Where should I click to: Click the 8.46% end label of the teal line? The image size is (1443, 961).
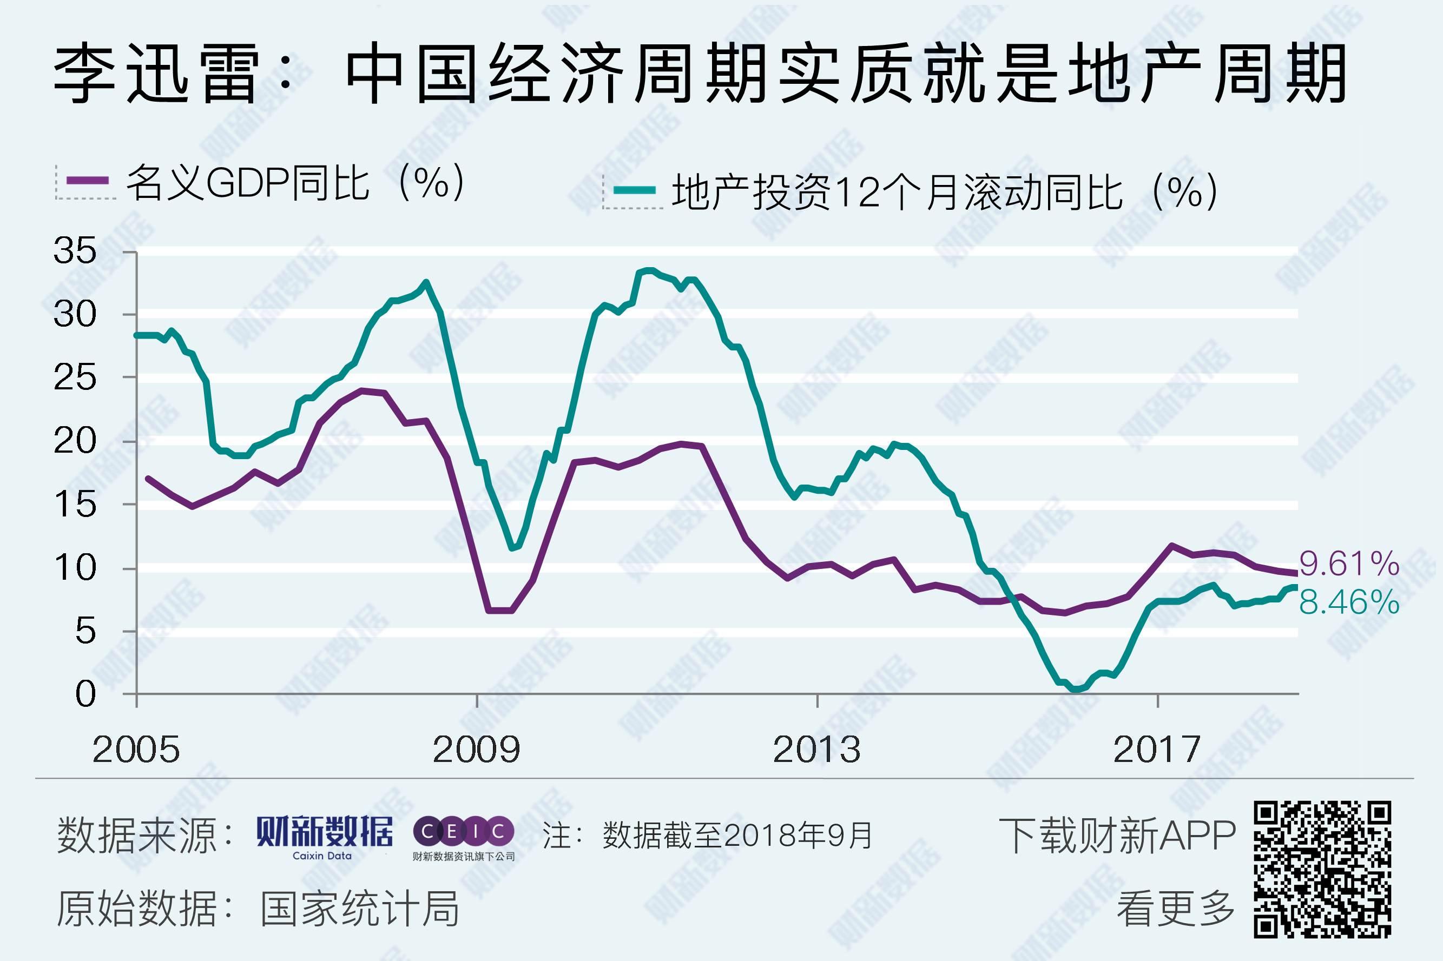[x=1349, y=602]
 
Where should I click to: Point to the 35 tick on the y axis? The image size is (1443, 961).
[x=75, y=251]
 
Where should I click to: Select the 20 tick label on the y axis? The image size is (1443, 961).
[x=75, y=441]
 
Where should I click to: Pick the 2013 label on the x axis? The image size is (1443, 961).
[x=816, y=750]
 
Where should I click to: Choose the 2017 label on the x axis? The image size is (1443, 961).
[x=1157, y=750]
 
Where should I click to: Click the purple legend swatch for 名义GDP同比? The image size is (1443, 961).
[x=88, y=181]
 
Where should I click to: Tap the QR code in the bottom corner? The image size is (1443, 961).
[x=1322, y=870]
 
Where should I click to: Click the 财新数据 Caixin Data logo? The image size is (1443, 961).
[x=324, y=836]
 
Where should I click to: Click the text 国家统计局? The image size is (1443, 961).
[x=359, y=909]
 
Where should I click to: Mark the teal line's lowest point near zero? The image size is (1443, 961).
[x=1075, y=689]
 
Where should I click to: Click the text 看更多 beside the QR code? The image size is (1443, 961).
[x=1176, y=909]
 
